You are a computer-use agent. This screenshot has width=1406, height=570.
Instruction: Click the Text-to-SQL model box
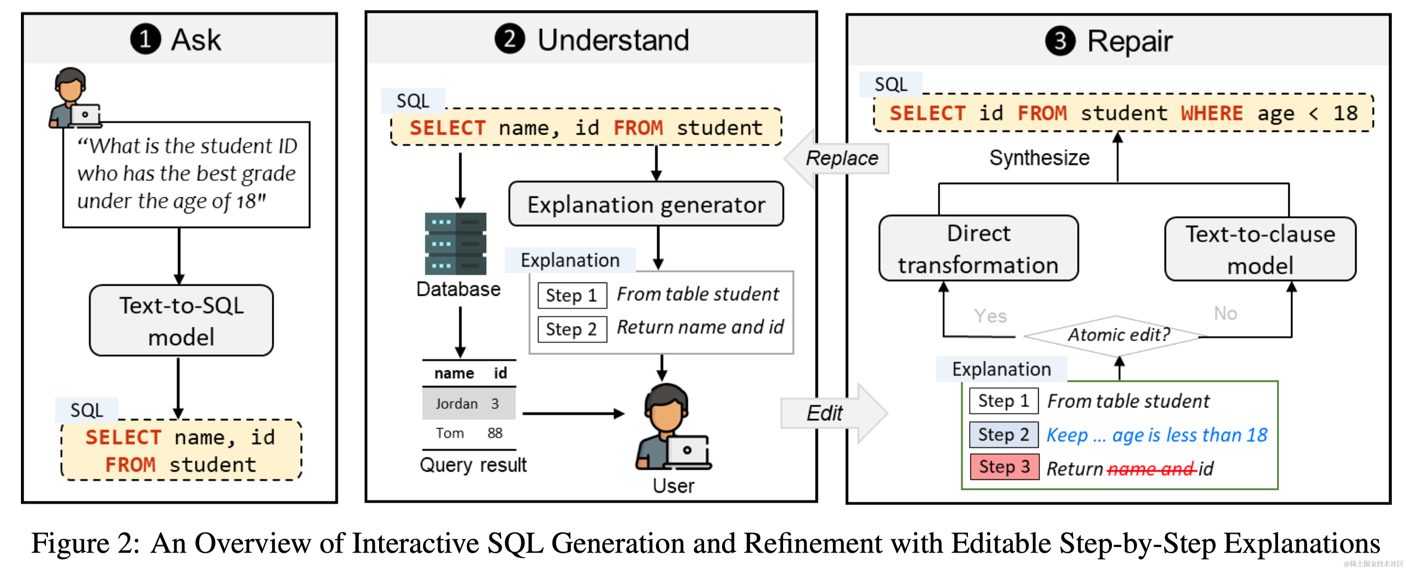pyautogui.click(x=181, y=321)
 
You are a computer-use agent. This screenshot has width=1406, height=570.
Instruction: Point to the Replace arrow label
pyautogui.click(x=842, y=158)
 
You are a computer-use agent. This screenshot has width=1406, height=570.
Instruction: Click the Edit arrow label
pyautogui.click(x=824, y=413)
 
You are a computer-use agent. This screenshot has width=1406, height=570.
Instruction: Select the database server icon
pyautogui.click(x=455, y=243)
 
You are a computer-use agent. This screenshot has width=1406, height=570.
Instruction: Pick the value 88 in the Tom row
pyautogui.click(x=495, y=433)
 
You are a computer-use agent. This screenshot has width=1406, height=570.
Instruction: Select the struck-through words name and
pyautogui.click(x=1150, y=469)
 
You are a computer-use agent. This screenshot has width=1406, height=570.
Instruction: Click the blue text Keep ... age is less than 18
pyautogui.click(x=1156, y=435)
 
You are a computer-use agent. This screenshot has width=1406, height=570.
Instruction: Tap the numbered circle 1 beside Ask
pyautogui.click(x=145, y=39)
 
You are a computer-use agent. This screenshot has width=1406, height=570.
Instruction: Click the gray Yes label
pyautogui.click(x=990, y=316)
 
